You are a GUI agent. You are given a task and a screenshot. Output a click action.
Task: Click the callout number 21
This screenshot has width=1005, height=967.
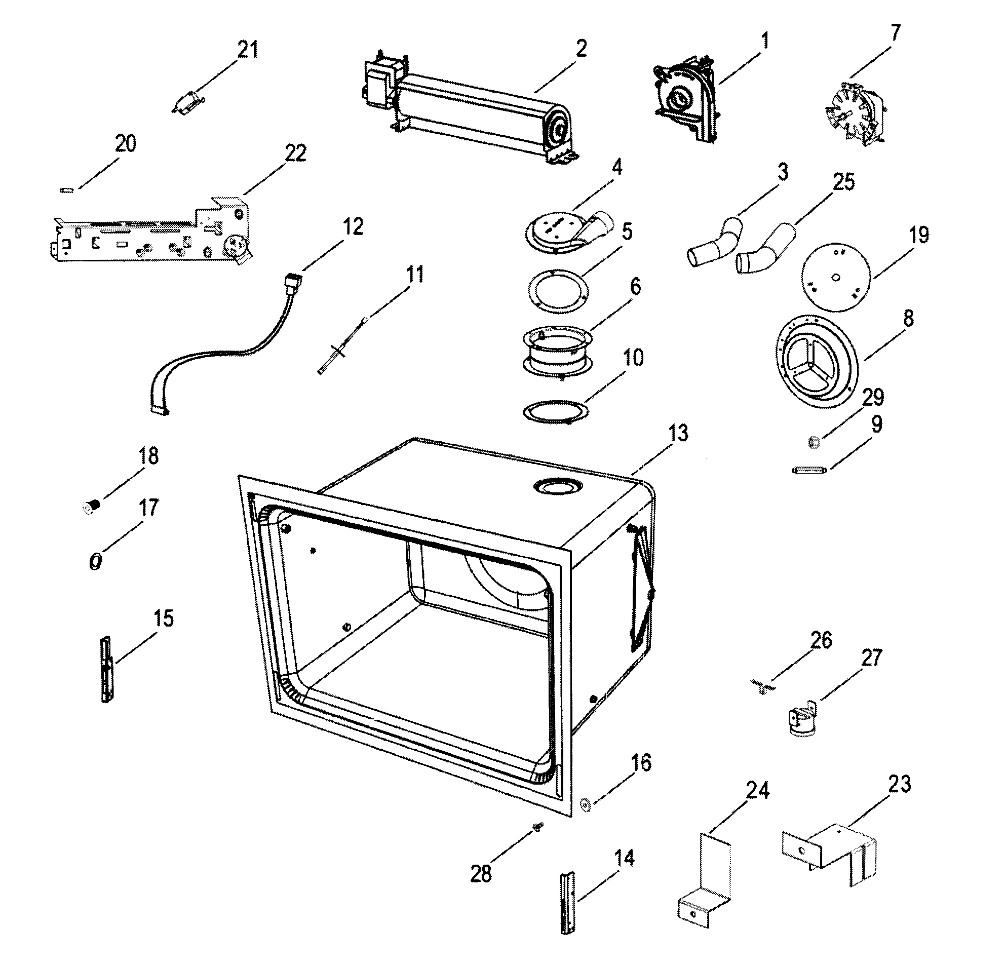[x=248, y=50]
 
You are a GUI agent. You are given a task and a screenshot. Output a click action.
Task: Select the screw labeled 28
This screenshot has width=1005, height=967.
[x=537, y=827]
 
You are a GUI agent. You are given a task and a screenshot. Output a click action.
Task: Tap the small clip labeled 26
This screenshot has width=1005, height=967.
[x=763, y=686]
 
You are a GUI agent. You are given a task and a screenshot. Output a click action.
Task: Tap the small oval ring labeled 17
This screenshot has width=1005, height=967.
[x=96, y=561]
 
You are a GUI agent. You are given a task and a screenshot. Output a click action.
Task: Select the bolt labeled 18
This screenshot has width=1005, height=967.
[x=91, y=508]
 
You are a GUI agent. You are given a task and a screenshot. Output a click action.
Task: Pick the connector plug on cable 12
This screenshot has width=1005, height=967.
[x=293, y=282]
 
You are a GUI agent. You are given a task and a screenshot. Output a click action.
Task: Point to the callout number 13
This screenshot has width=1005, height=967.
[x=678, y=433]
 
